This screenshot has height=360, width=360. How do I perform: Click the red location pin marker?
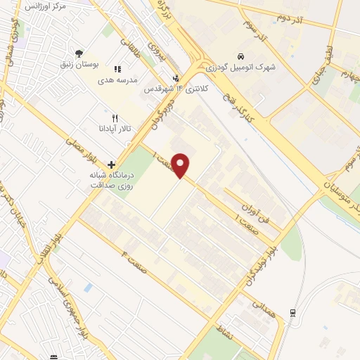coord(181,165)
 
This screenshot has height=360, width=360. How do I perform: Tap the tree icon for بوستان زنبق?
coord(79,53)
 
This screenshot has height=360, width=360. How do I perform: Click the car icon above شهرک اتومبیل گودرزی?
coord(240,56)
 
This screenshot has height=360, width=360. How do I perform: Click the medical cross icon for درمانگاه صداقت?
coord(111,164)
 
